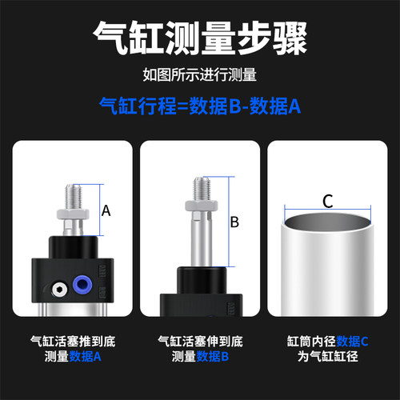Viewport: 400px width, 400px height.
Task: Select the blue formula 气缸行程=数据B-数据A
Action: tap(199, 105)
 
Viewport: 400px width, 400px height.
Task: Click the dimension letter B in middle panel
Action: tap(234, 222)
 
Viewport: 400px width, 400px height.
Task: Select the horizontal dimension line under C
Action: tap(327, 210)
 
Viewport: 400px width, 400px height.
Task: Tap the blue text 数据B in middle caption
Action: tap(214, 356)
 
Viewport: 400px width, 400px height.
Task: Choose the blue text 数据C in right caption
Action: tap(352, 341)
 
